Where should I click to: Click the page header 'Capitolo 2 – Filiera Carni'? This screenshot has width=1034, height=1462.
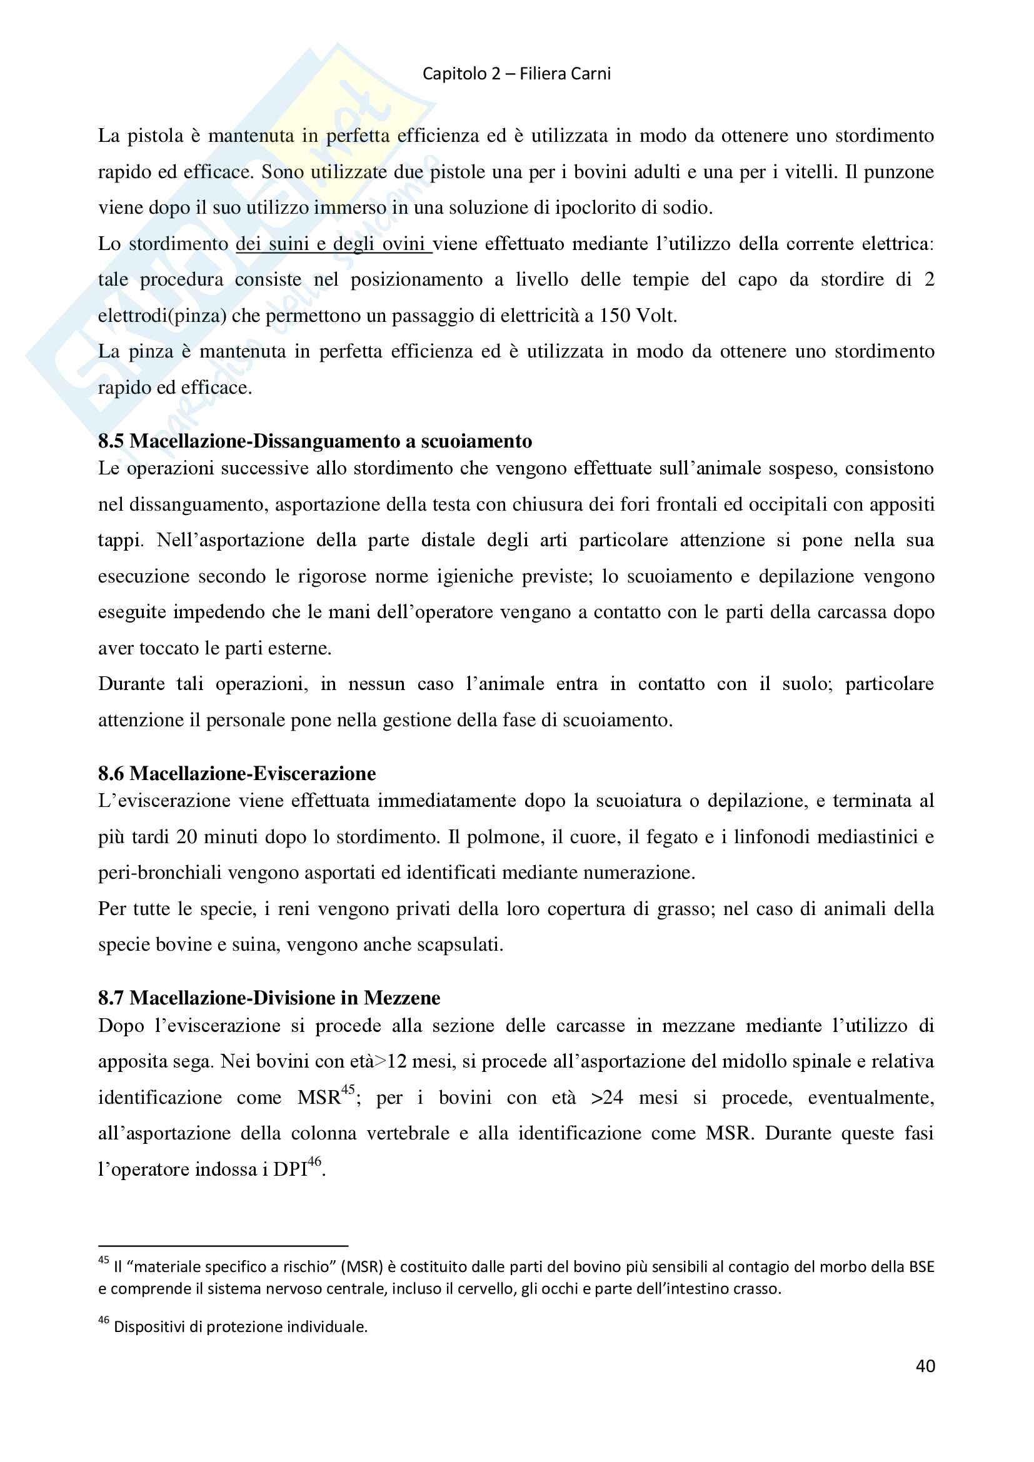pos(516,74)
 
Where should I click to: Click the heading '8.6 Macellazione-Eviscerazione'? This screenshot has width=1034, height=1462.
pos(237,773)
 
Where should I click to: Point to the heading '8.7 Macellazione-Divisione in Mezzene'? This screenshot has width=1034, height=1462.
pos(269,997)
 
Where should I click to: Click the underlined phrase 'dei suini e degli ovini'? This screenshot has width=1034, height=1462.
pos(333,244)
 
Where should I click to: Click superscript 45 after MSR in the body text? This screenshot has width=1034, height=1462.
pos(348,1089)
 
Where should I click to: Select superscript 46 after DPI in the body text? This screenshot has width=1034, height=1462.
pos(314,1161)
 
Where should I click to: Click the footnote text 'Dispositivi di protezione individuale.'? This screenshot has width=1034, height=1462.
pos(241,1327)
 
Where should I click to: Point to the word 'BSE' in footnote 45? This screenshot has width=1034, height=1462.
pos(921,1266)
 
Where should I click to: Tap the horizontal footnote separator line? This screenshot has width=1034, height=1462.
pos(223,1246)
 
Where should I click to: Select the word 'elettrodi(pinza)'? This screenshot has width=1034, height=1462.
pos(163,316)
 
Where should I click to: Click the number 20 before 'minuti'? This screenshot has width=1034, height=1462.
pos(186,837)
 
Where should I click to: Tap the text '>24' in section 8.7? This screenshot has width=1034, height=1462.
pos(607,1098)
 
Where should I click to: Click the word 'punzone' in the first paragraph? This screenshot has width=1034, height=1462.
pos(898,172)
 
